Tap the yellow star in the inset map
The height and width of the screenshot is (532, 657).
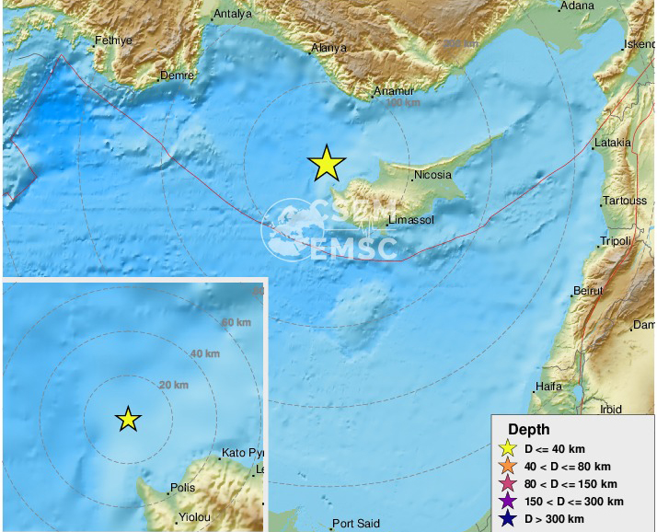pyautogui.click(x=128, y=419)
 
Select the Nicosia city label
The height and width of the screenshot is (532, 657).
pyautogui.click(x=433, y=174)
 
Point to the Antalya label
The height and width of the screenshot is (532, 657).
pyautogui.click(x=231, y=15)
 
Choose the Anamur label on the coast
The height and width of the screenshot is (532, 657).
pyautogui.click(x=394, y=92)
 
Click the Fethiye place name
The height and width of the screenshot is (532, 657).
pyautogui.click(x=115, y=40)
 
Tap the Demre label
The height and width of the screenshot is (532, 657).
pyautogui.click(x=177, y=75)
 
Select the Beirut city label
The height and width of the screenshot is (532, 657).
pyautogui.click(x=587, y=291)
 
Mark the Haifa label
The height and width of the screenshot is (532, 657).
pyautogui.click(x=548, y=387)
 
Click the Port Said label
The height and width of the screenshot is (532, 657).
pyautogui.click(x=356, y=525)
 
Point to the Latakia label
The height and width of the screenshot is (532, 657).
pyautogui.click(x=613, y=143)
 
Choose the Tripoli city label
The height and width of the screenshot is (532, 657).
pyautogui.click(x=615, y=241)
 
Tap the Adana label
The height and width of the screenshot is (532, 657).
pyautogui.click(x=577, y=6)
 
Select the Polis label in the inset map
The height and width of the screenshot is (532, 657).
pyautogui.click(x=182, y=489)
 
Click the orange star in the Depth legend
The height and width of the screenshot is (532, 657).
pyautogui.click(x=507, y=466)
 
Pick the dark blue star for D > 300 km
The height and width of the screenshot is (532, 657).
pyautogui.click(x=507, y=518)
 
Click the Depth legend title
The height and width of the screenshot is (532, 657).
pyautogui.click(x=528, y=430)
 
